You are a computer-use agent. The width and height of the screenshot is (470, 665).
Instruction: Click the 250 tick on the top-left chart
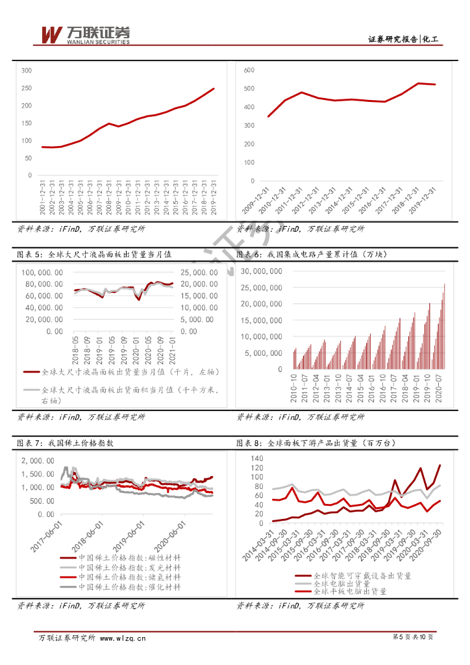[27, 88]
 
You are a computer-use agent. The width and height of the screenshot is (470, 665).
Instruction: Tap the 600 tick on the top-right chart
[249, 69]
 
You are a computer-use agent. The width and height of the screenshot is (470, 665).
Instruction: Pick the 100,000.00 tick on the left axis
[43, 273]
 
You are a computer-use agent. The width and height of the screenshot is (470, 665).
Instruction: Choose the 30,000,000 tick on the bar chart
[261, 271]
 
